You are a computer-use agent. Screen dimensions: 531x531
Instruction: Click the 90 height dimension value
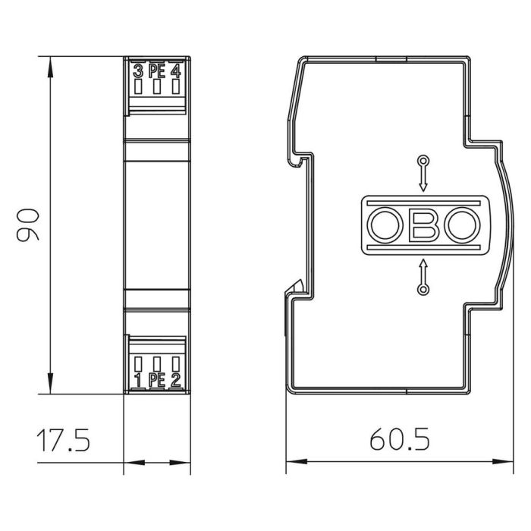(28, 225)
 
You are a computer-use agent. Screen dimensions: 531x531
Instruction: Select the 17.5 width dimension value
(64, 439)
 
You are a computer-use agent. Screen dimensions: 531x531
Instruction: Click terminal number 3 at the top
(138, 72)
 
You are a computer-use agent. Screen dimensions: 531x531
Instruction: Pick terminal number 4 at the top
(176, 72)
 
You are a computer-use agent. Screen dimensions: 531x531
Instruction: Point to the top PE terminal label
(157, 72)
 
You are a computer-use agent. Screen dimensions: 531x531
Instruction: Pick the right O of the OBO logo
(460, 225)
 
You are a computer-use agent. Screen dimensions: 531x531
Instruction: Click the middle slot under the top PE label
(157, 88)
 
